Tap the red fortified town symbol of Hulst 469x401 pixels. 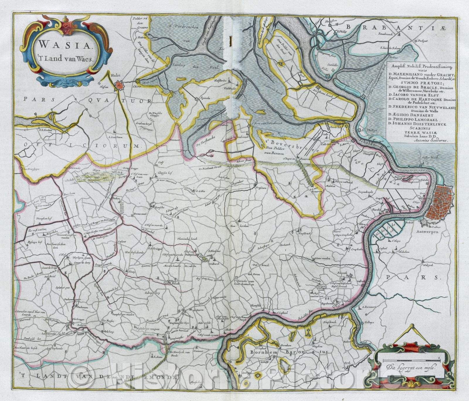pos(119,85)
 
